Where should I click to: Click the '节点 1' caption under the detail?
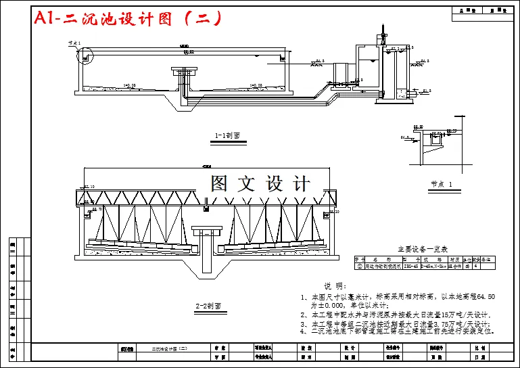pos(441,184)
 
